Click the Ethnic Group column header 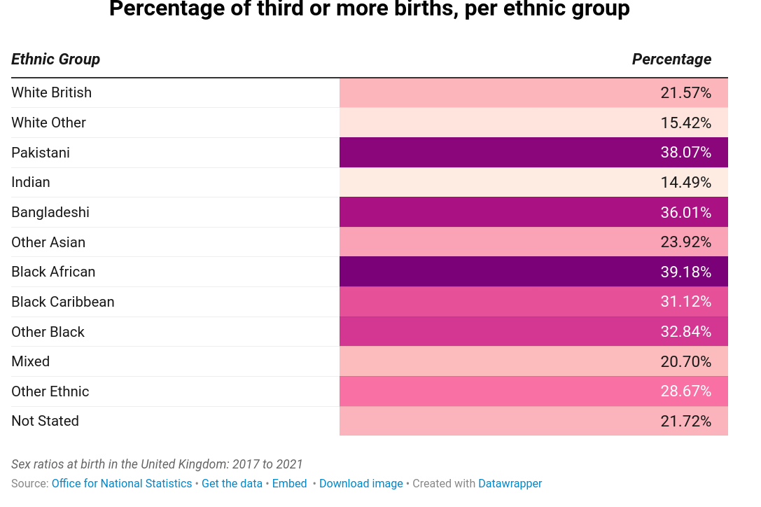[55, 60]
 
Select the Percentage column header [671, 60]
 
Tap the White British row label [51, 92]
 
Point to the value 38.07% [686, 153]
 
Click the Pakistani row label [41, 153]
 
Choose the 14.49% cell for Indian [686, 183]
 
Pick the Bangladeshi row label [50, 212]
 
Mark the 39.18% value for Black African [686, 272]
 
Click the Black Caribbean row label [63, 302]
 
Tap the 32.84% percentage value [686, 332]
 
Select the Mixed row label [31, 361]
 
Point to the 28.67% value [686, 391]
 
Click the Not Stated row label [45, 421]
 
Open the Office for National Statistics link [122, 484]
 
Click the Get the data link [232, 484]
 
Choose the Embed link [290, 484]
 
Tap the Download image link [361, 484]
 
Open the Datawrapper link [510, 484]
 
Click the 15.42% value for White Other [686, 123]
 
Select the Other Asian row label [48, 242]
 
